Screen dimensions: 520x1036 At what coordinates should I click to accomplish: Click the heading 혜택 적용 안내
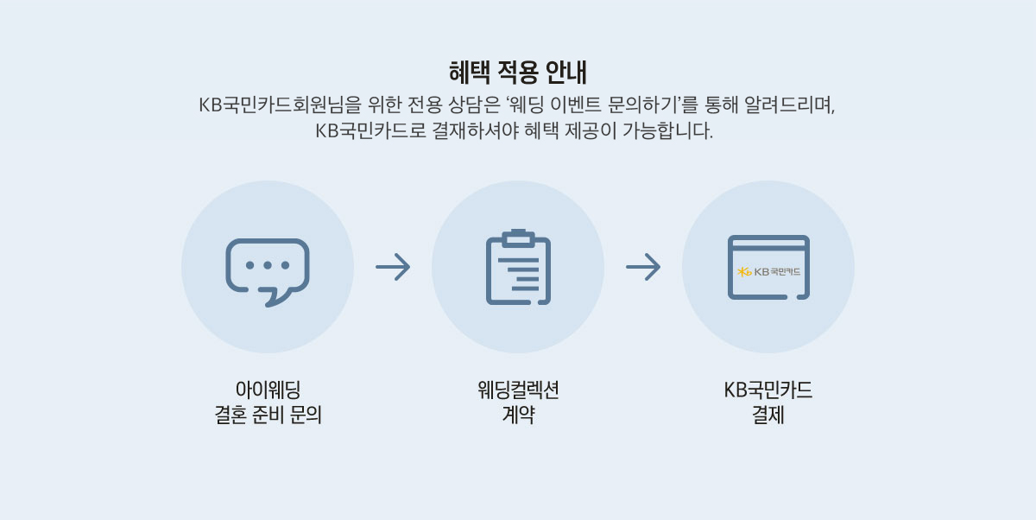(x=518, y=70)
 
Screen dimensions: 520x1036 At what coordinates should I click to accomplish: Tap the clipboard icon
(x=518, y=268)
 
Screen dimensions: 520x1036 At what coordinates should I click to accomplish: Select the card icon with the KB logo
(x=768, y=268)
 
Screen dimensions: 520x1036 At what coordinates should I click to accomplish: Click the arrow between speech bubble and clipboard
(x=393, y=268)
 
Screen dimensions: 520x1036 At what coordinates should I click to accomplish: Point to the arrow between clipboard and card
(x=643, y=268)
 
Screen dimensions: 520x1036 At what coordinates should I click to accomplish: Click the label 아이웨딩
(x=268, y=390)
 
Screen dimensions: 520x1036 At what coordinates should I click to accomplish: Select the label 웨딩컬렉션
(x=518, y=390)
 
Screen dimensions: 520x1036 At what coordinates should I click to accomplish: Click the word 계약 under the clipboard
(x=518, y=415)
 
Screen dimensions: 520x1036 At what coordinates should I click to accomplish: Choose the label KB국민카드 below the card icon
(x=768, y=390)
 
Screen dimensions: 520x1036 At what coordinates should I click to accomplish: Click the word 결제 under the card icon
(x=768, y=415)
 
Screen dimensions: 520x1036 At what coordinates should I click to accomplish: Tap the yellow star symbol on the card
(x=744, y=272)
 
